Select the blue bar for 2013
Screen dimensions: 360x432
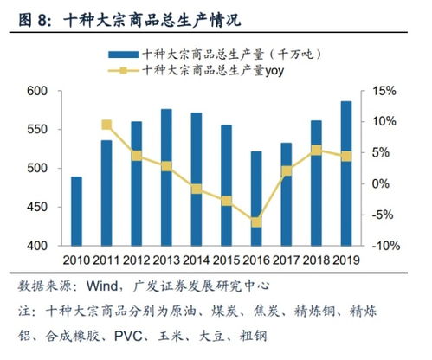click(x=166, y=177)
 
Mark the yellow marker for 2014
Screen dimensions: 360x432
click(x=197, y=189)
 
